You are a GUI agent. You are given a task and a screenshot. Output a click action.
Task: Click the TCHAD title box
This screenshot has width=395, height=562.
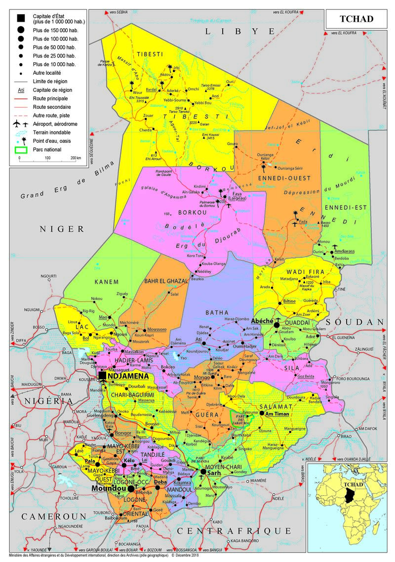tap(356, 19)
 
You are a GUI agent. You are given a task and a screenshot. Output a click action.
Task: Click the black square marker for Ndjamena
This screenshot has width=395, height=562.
tap(102, 376)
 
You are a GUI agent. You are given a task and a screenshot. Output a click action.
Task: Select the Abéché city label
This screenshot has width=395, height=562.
tap(262, 320)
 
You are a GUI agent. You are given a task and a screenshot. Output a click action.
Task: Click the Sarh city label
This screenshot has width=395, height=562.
tap(213, 473)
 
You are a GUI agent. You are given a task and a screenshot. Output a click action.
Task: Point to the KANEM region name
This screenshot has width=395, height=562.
tap(110, 282)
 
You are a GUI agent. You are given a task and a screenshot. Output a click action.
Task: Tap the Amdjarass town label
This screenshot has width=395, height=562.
tap(346, 251)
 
